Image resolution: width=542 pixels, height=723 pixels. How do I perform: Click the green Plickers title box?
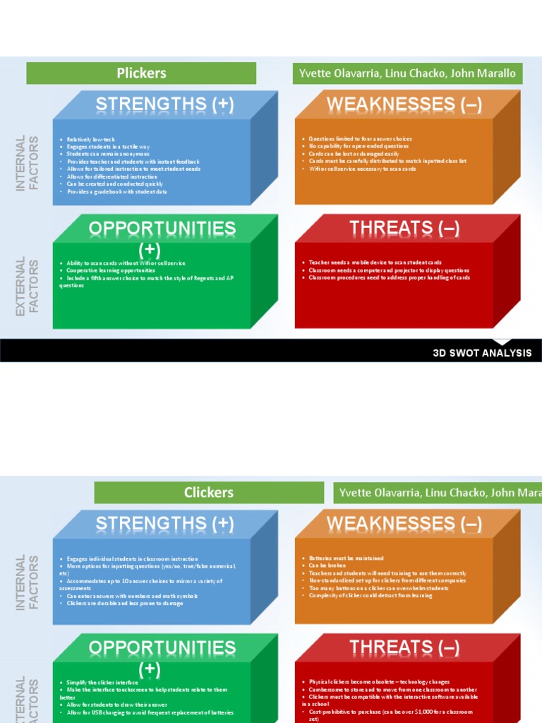141,73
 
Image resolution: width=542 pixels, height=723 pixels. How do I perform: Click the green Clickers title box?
209,493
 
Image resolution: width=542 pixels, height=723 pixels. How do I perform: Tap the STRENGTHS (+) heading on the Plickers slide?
164,104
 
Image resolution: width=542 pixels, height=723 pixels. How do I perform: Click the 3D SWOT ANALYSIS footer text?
482,352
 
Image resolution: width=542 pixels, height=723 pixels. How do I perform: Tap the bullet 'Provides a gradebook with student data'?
116,191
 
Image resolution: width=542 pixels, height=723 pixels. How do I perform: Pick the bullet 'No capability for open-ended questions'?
359,146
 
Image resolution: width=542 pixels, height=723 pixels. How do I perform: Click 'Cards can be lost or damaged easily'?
354,154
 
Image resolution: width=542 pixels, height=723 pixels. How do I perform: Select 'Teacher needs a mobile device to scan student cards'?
375,263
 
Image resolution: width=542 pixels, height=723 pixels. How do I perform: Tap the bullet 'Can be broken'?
325,566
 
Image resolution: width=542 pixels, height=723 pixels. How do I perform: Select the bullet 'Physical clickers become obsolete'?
379,682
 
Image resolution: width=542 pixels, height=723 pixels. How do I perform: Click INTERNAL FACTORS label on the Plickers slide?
28,162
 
